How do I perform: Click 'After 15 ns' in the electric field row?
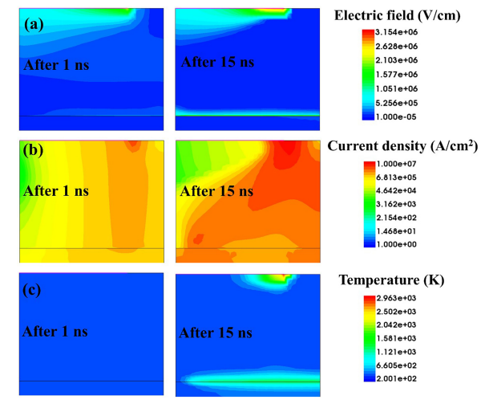[x=219, y=62]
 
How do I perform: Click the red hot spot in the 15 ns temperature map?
[x=281, y=279]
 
